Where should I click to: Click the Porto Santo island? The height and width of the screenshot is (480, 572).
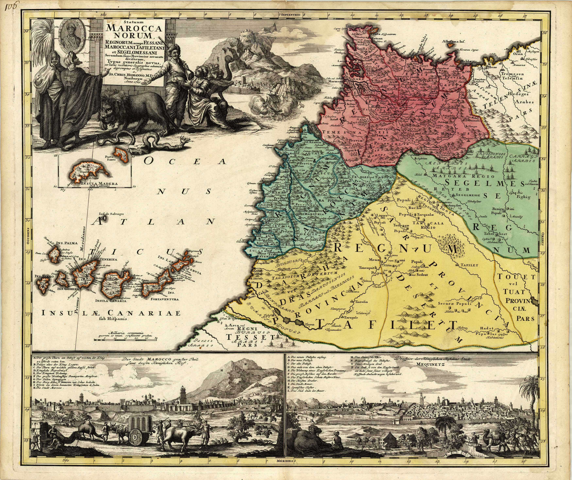pyautogui.click(x=123, y=153)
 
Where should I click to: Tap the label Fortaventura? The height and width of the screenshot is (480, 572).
pyautogui.click(x=165, y=299)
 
